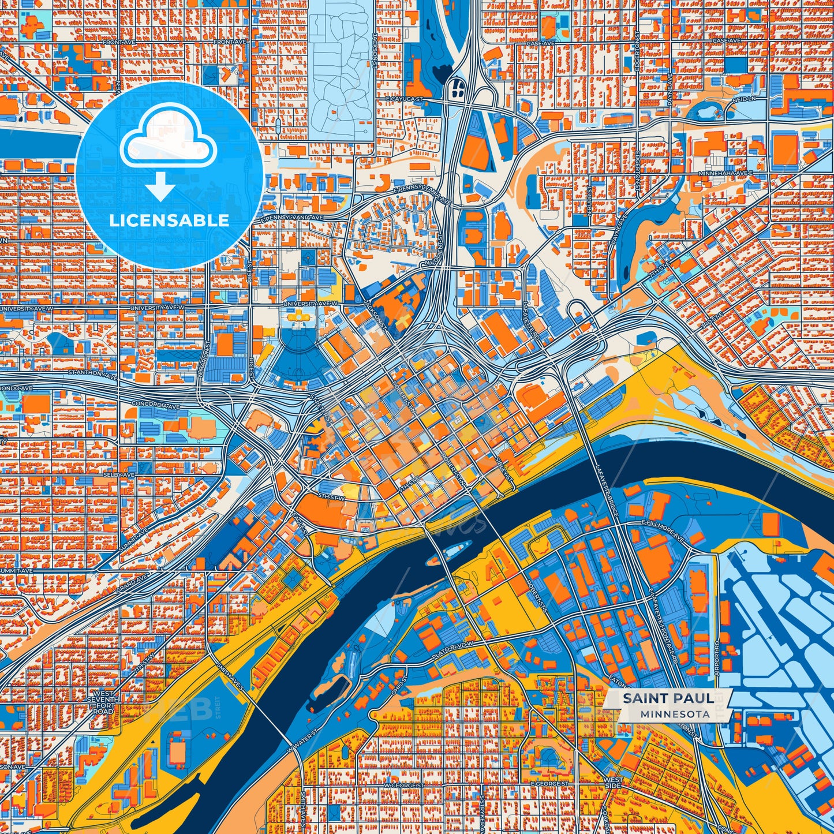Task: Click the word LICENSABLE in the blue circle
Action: click(x=170, y=220)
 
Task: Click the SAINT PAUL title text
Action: click(x=667, y=698)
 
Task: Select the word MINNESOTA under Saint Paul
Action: click(x=675, y=714)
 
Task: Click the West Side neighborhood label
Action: click(x=613, y=783)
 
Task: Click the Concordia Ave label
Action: click(x=155, y=405)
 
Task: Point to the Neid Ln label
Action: click(x=744, y=99)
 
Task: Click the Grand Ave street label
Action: click(x=131, y=588)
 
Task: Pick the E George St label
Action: click(x=550, y=784)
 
